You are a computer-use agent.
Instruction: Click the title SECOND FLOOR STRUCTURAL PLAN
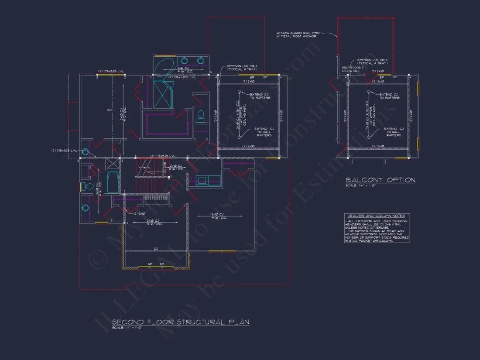coord(181,322)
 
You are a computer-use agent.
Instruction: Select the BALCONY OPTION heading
coord(380,180)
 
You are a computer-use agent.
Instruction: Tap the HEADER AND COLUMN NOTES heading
coord(376,216)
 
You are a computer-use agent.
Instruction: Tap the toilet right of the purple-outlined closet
coord(201,116)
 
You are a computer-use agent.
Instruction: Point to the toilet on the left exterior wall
coord(86,187)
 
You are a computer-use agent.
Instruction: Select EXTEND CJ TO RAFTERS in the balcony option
coord(389,96)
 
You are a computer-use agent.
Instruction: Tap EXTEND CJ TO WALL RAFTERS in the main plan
coord(264,132)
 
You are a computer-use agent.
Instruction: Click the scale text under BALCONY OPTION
coord(361,186)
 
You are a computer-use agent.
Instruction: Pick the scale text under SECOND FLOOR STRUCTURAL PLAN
coord(127,328)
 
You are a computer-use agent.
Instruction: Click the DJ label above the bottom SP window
coord(156,249)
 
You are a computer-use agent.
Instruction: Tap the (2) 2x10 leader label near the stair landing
coord(140,213)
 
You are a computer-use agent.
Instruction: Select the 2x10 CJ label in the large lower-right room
coord(218,216)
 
